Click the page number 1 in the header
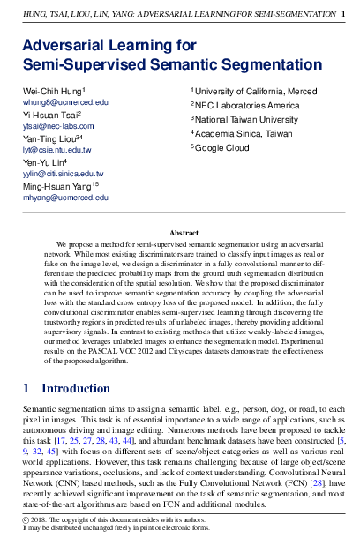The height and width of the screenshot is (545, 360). click(x=343, y=14)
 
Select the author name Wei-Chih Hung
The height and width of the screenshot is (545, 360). click(x=53, y=92)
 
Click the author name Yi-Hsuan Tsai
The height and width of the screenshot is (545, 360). click(x=50, y=115)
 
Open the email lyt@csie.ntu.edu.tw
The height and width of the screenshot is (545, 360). click(x=56, y=150)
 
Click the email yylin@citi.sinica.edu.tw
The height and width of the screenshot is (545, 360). click(x=63, y=174)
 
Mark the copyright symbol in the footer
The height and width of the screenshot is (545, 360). click(x=25, y=520)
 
